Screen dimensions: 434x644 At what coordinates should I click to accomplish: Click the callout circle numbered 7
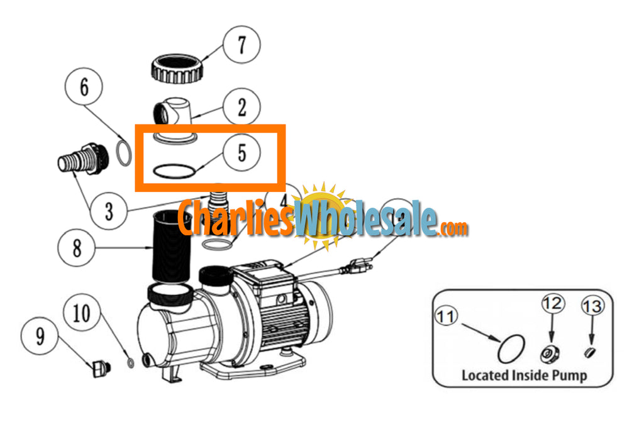[x=240, y=46]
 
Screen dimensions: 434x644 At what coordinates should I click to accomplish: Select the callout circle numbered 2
[x=241, y=108]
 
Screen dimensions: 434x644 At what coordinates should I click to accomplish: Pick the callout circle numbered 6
[x=84, y=87]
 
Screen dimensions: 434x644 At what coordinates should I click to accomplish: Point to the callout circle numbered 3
[x=109, y=211]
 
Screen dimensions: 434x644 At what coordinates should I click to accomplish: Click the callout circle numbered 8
[x=77, y=248]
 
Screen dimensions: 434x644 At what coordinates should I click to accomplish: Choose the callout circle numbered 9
[x=40, y=337]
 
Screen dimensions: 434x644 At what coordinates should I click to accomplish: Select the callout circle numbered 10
[x=82, y=313]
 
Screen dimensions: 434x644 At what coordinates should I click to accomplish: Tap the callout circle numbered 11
[x=446, y=317]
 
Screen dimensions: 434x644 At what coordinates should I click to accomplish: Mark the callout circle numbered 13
[x=592, y=306]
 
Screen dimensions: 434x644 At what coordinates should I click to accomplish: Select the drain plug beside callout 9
[x=99, y=367]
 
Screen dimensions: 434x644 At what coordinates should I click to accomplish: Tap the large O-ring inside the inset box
[x=511, y=348]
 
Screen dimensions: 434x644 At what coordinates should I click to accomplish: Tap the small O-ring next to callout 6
[x=124, y=153]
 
